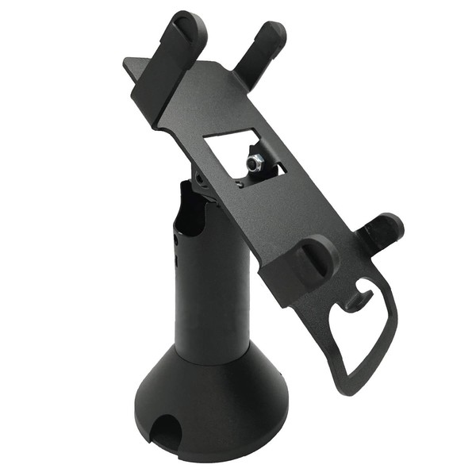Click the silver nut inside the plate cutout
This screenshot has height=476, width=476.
point(255,163)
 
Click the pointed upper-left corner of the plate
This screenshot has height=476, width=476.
point(127,61)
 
